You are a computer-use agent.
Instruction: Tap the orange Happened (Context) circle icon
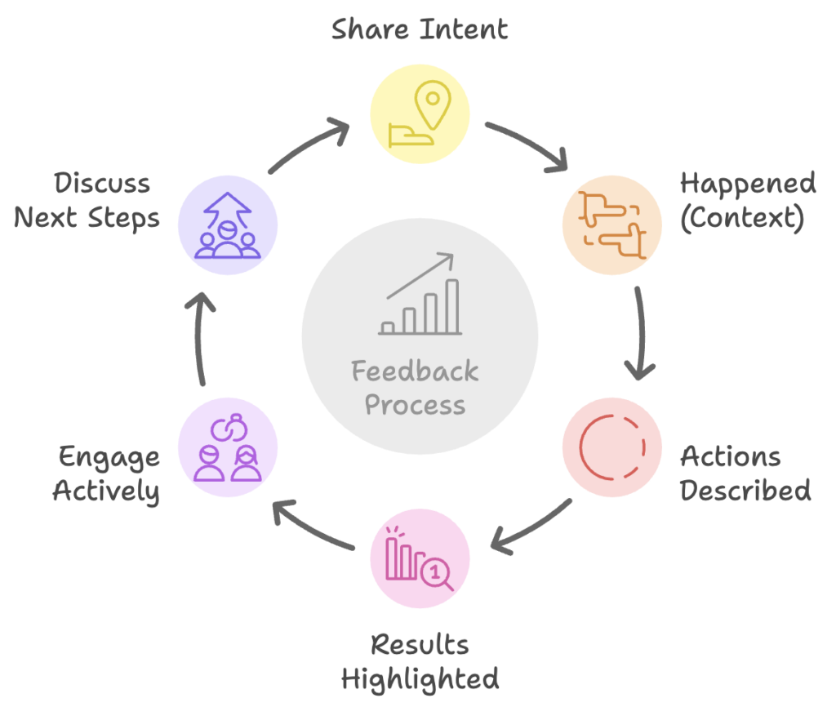[611, 225]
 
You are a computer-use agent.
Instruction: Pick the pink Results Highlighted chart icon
[420, 558]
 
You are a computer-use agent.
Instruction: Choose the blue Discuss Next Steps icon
[228, 225]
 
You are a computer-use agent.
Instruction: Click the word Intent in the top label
[464, 29]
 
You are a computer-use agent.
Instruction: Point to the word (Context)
[741, 220]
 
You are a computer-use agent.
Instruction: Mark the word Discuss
[103, 184]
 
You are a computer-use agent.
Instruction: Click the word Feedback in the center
[415, 372]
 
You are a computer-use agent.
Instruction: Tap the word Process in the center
[415, 405]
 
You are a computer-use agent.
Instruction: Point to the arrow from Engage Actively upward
[202, 339]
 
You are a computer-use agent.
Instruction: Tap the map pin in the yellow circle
[432, 104]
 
